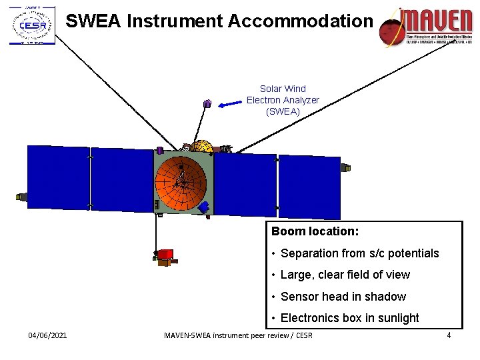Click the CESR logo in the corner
pyautogui.click(x=32, y=25)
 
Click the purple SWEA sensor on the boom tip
pyautogui.click(x=207, y=103)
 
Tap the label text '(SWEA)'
pyautogui.click(x=283, y=112)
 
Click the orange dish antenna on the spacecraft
pyautogui.click(x=181, y=181)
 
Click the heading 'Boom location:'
pyautogui.click(x=315, y=232)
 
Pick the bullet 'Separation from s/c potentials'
pyautogui.click(x=360, y=253)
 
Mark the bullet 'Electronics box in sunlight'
pyautogui.click(x=350, y=318)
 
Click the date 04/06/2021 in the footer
pyautogui.click(x=47, y=335)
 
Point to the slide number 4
pyautogui.click(x=449, y=335)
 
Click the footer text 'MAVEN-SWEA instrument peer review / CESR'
pyautogui.click(x=238, y=335)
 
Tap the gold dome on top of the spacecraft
pyautogui.click(x=200, y=147)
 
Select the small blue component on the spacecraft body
pyautogui.click(x=205, y=207)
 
